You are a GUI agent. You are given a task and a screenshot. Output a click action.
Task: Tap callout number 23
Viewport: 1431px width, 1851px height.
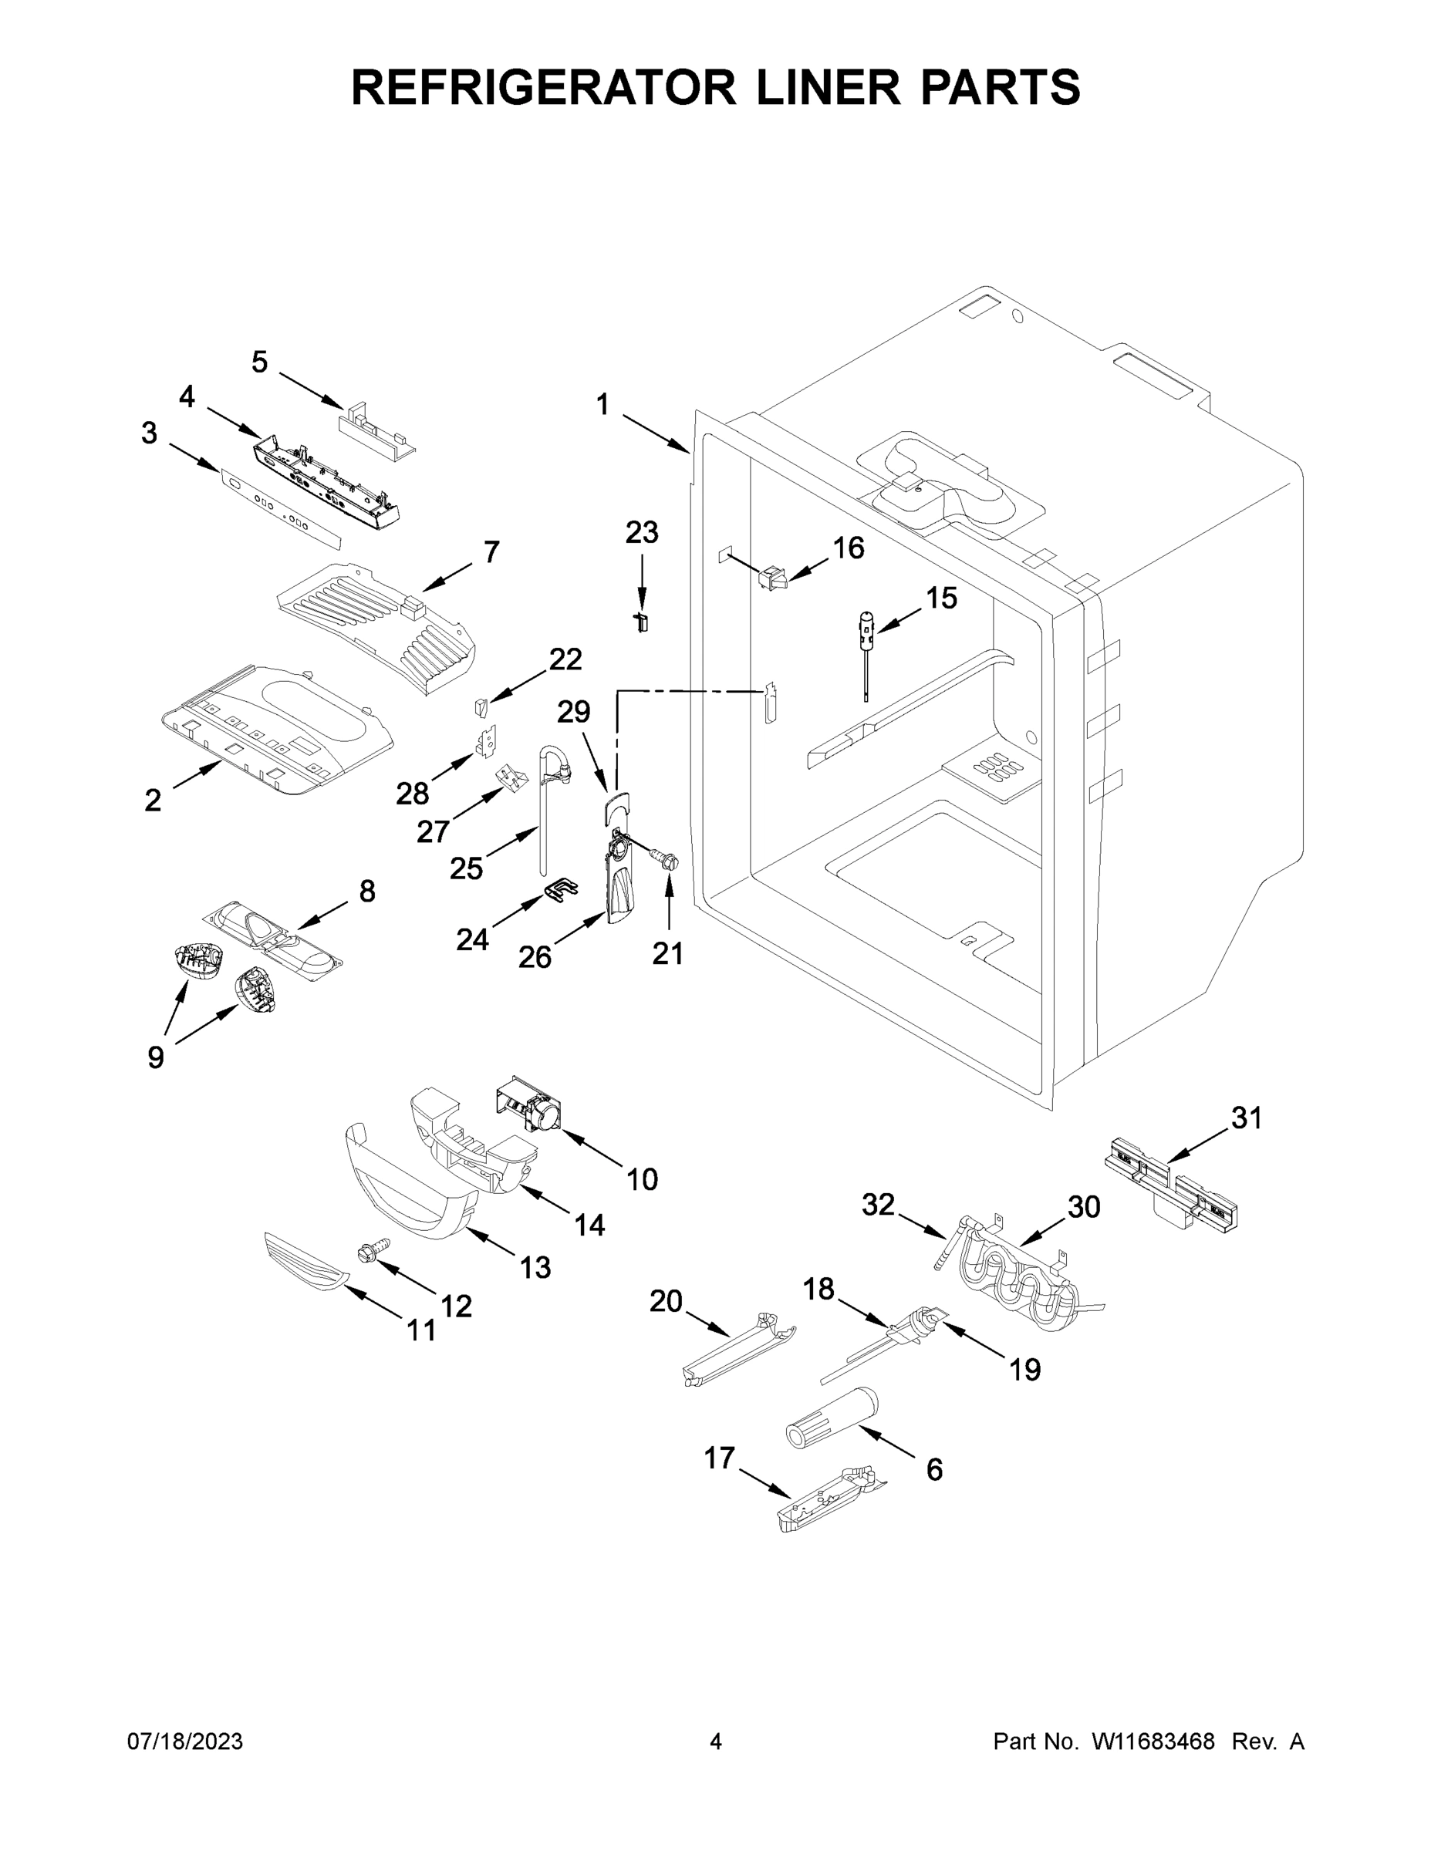click(x=641, y=533)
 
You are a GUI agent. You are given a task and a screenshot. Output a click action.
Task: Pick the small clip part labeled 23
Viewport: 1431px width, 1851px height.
click(x=642, y=623)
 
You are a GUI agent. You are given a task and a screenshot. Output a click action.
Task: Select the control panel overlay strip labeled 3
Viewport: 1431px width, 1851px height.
click(x=280, y=507)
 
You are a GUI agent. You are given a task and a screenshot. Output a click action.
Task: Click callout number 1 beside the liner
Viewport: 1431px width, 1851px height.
click(x=602, y=404)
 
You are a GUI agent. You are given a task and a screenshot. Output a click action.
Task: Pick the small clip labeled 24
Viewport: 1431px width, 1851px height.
click(x=559, y=889)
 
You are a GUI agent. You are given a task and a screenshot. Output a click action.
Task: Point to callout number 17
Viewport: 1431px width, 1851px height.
click(x=719, y=1458)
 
